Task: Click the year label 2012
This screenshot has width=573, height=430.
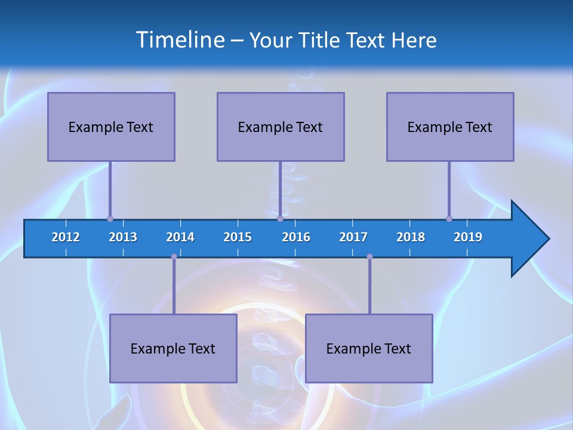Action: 66,237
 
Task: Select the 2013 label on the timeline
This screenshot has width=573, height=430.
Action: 123,237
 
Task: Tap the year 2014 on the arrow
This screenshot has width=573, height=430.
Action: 180,237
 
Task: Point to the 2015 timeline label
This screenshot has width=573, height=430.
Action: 238,237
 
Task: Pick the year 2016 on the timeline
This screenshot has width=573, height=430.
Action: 296,237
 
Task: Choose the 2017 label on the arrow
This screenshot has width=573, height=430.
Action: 353,237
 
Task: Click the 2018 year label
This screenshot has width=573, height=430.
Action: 411,237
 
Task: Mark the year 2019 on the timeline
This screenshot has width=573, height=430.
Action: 468,237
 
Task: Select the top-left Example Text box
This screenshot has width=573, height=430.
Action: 111,127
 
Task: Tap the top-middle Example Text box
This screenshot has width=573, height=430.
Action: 281,127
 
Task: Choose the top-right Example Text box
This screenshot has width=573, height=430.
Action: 450,127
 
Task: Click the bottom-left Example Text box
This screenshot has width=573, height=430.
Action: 173,348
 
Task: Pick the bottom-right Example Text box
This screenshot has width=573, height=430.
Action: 369,348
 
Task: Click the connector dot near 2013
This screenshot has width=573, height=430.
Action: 110,219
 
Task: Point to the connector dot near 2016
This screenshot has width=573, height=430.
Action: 280,219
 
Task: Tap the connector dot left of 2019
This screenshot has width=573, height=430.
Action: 449,219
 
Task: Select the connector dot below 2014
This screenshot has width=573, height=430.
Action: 174,257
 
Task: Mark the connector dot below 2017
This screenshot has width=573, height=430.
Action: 369,257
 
